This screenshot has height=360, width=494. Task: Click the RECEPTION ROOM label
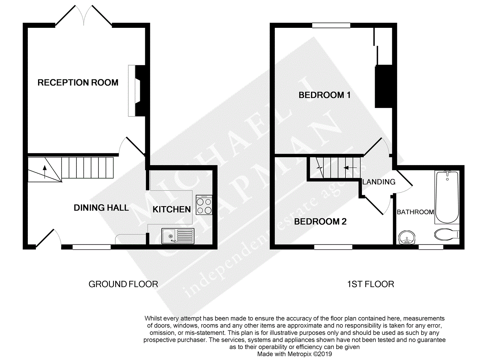point(78,82)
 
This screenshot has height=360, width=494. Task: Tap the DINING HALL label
point(101,208)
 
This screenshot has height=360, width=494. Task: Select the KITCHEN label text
point(172,209)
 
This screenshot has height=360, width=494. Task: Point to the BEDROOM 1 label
point(325,95)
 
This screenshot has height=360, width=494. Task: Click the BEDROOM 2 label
point(320,222)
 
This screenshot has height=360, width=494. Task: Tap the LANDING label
point(379,182)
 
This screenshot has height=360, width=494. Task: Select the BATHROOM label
point(415,212)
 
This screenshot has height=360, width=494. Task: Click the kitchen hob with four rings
point(204,205)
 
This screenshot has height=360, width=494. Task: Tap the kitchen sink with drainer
point(178,236)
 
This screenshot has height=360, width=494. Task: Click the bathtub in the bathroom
point(447,197)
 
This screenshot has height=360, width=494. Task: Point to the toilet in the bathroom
point(447,234)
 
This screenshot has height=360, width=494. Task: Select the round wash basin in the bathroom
point(407,238)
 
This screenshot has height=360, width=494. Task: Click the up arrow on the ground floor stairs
point(45,172)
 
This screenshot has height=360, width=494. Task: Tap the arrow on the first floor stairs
point(351,168)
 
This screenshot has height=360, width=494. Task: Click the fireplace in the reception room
point(137,90)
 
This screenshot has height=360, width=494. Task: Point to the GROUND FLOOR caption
point(123,284)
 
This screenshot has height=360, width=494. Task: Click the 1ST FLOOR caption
point(371,284)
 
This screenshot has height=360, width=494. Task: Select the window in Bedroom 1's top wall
point(331,25)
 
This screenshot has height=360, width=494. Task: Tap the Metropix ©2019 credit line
point(295,354)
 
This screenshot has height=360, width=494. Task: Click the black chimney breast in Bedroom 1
point(383,86)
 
